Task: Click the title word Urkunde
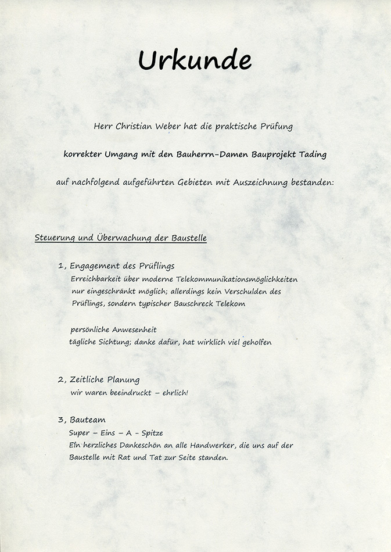pos(195,60)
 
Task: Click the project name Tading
pos(313,155)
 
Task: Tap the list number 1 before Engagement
pos(61,266)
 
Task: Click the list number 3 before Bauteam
pos(61,420)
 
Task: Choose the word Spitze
pos(152,433)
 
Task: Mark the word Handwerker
pos(207,446)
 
